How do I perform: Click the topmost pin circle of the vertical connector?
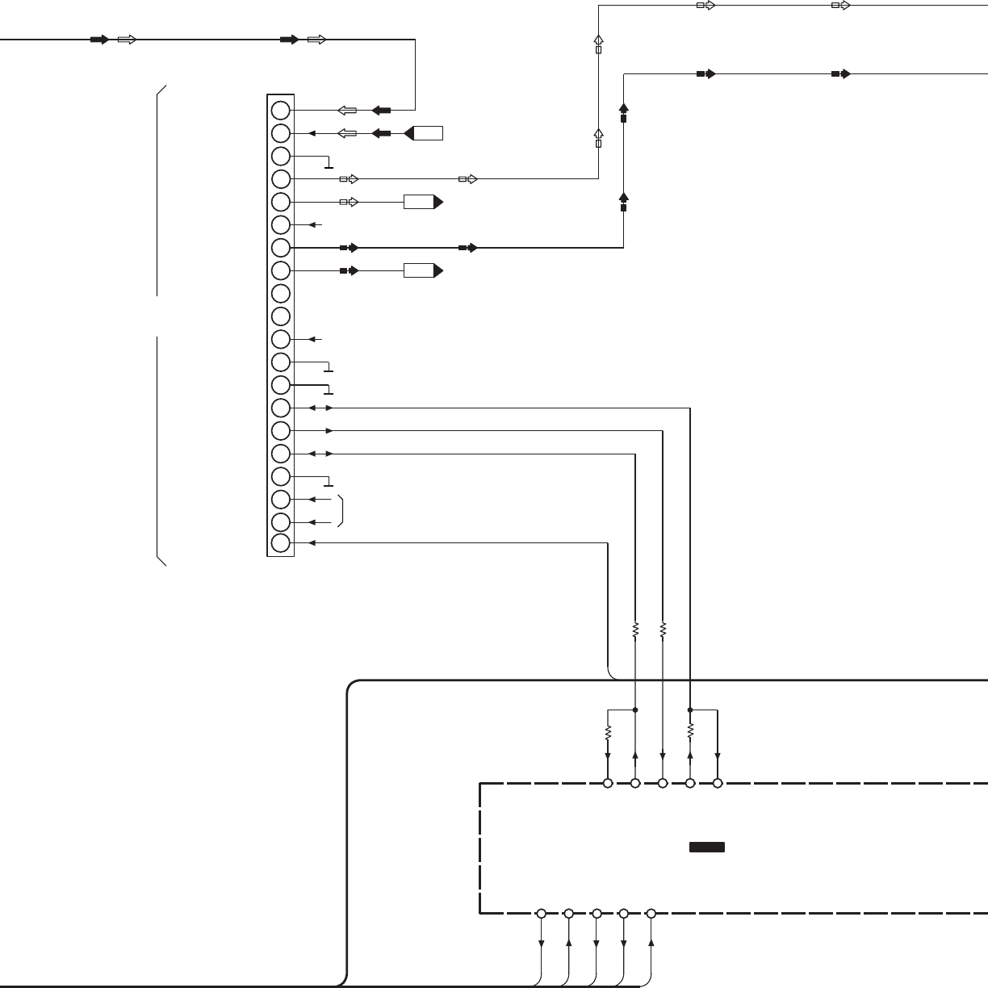[x=280, y=110]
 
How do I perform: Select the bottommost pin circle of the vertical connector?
[x=280, y=543]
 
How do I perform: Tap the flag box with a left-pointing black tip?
[x=424, y=133]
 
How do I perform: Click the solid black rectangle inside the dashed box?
[x=706, y=848]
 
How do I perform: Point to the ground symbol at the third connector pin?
[x=328, y=165]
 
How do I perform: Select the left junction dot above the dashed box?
[x=635, y=710]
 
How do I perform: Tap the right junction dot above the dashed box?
[x=690, y=710]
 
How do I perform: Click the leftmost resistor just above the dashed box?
[x=608, y=733]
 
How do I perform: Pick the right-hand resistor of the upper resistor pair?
[x=663, y=628]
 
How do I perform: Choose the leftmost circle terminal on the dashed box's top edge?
[x=608, y=783]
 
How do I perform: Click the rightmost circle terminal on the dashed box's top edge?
[x=718, y=783]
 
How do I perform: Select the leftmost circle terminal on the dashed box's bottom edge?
[x=542, y=914]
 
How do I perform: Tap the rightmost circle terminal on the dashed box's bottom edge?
[x=651, y=914]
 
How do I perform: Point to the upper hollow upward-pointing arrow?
[x=598, y=41]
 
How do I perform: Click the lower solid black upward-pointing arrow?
[x=623, y=198]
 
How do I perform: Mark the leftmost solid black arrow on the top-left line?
[x=99, y=40]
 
